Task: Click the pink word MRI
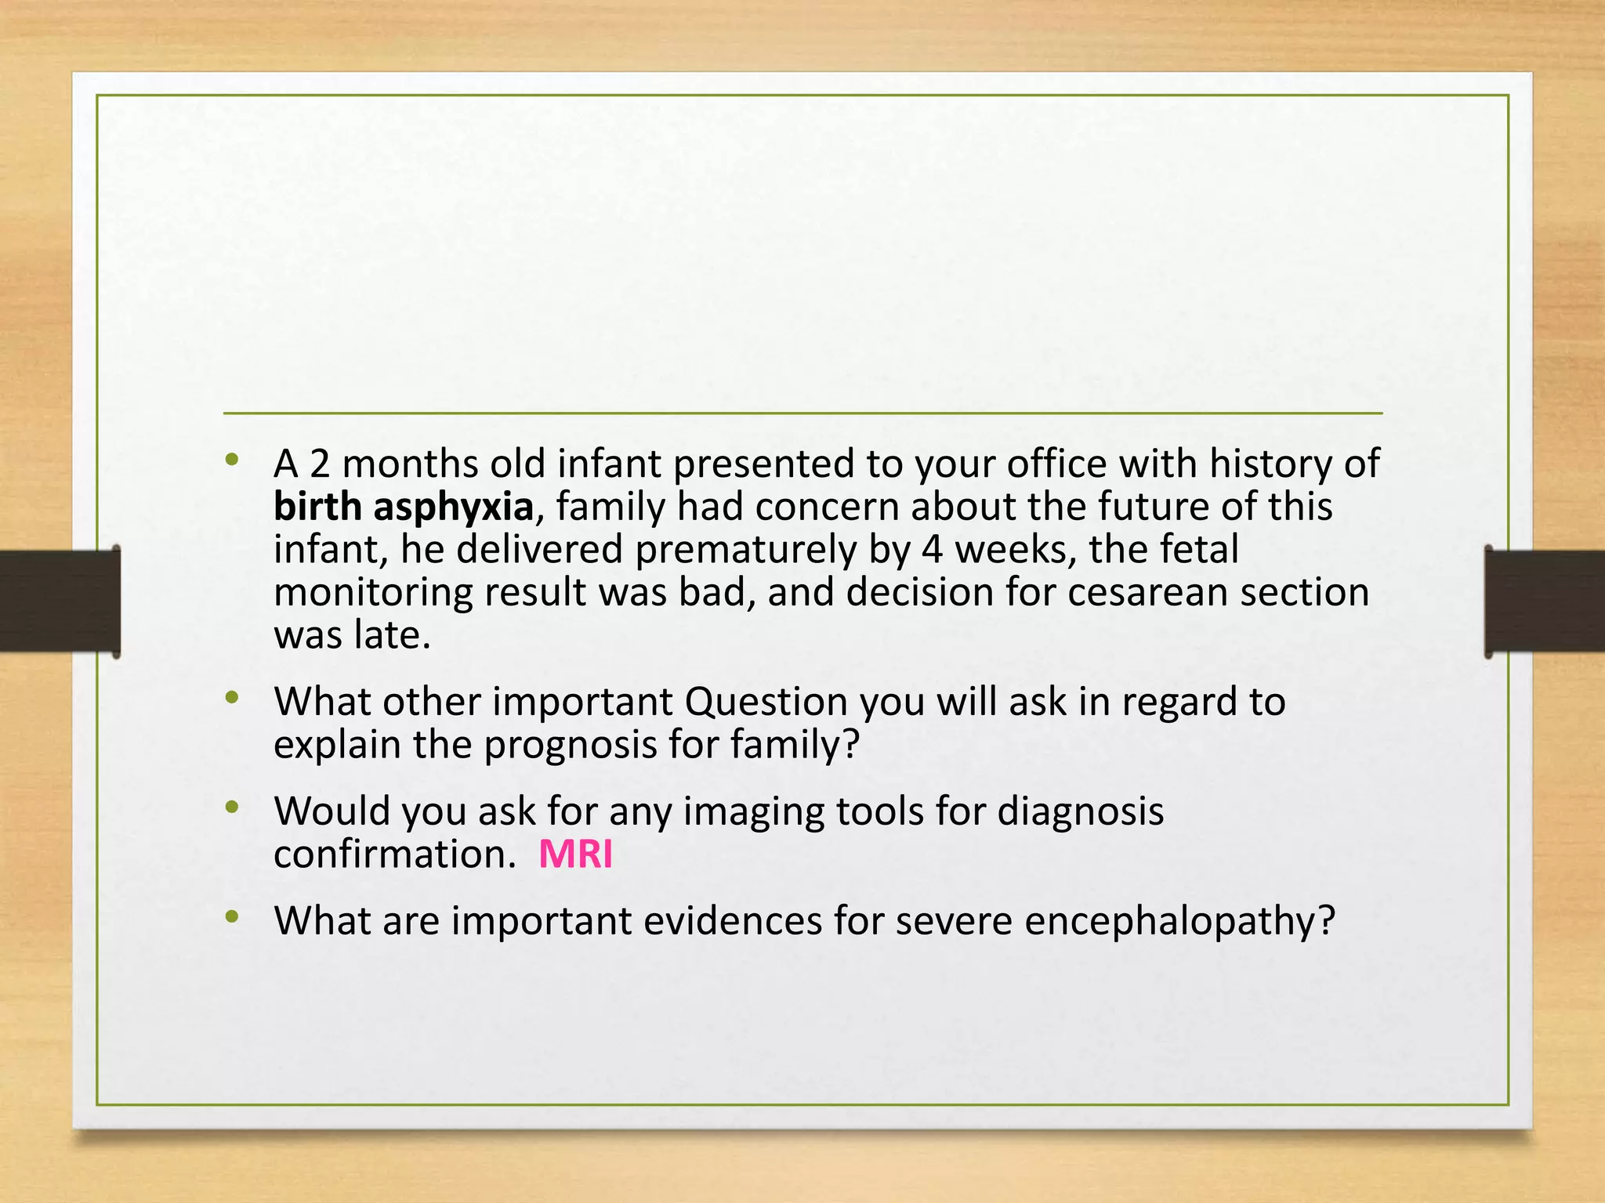[575, 854]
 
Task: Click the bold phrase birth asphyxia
[404, 507]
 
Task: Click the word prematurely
[745, 550]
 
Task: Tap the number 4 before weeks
[931, 550]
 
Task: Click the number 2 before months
[320, 464]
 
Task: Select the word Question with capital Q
[766, 702]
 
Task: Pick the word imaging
[753, 811]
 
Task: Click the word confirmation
[394, 854]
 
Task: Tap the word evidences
[732, 921]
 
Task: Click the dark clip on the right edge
[1544, 601]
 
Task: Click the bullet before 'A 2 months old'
[231, 460]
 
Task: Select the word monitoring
[372, 592]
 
